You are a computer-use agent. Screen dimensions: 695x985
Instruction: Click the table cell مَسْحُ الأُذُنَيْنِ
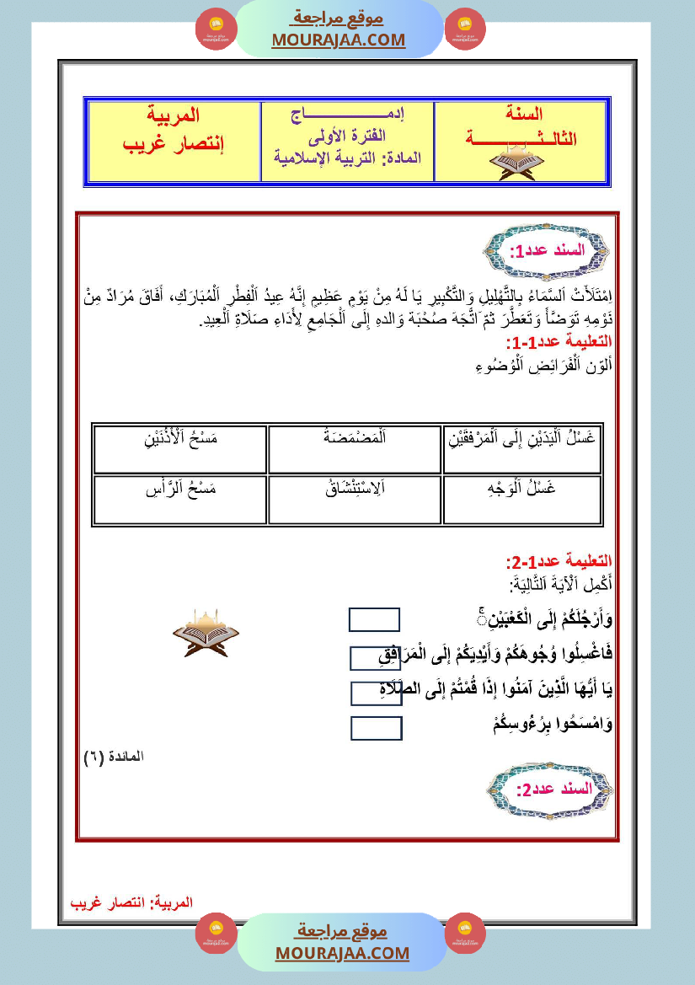click(179, 449)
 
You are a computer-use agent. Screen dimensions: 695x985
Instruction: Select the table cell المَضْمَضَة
click(355, 449)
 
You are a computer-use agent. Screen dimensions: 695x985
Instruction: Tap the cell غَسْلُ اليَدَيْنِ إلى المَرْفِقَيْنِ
click(522, 449)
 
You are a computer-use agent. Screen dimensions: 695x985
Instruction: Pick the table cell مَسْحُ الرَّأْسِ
click(179, 501)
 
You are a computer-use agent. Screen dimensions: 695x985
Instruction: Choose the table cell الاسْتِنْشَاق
click(355, 501)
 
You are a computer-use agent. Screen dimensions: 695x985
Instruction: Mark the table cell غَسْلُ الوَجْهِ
click(522, 501)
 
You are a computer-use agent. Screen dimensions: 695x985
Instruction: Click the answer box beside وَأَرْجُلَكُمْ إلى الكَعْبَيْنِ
click(375, 620)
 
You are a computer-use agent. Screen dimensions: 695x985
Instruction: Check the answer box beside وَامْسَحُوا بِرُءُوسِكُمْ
click(376, 728)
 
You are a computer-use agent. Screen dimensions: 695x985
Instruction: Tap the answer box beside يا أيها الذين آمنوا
click(376, 693)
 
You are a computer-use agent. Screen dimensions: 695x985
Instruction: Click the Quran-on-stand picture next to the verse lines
click(206, 632)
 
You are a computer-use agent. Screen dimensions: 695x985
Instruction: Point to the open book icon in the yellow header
click(518, 161)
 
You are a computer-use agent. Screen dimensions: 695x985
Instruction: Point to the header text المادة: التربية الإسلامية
click(348, 158)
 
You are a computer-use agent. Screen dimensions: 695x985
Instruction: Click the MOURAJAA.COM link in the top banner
click(339, 40)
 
